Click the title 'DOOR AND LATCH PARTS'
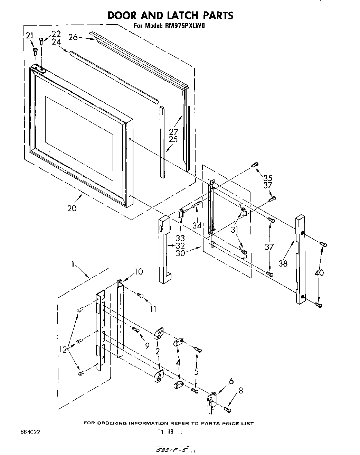pos(170,15)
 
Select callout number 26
pos(73,37)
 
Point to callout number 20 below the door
pos(72,208)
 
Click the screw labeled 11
pos(140,295)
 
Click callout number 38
pos(283,263)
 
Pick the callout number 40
pos(320,273)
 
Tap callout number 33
pos(180,238)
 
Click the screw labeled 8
pos(227,410)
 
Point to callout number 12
pos(63,350)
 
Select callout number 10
pos(138,272)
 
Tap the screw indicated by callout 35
pos(255,165)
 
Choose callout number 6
pos(231,381)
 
